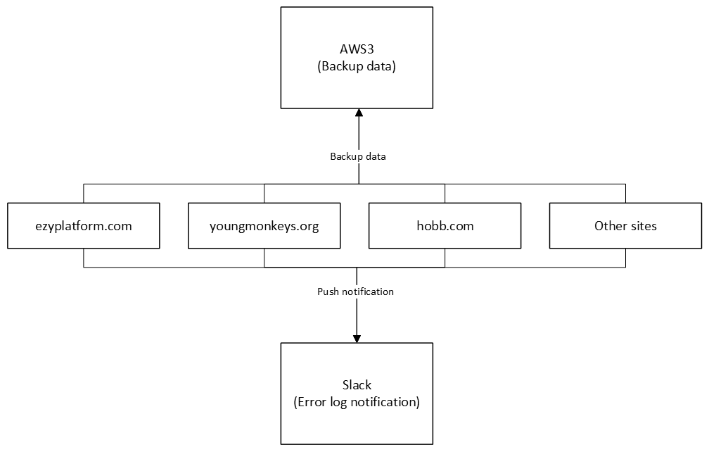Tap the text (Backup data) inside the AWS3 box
point(358,67)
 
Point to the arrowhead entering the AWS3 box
point(358,113)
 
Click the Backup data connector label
point(358,156)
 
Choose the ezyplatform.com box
point(83,226)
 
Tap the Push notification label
point(355,291)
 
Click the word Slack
point(357,385)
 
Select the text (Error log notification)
point(357,403)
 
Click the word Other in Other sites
point(609,226)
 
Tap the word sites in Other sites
point(642,226)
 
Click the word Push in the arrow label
point(328,291)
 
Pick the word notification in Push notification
point(368,291)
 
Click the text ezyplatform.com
point(83,226)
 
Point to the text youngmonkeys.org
point(264,226)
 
